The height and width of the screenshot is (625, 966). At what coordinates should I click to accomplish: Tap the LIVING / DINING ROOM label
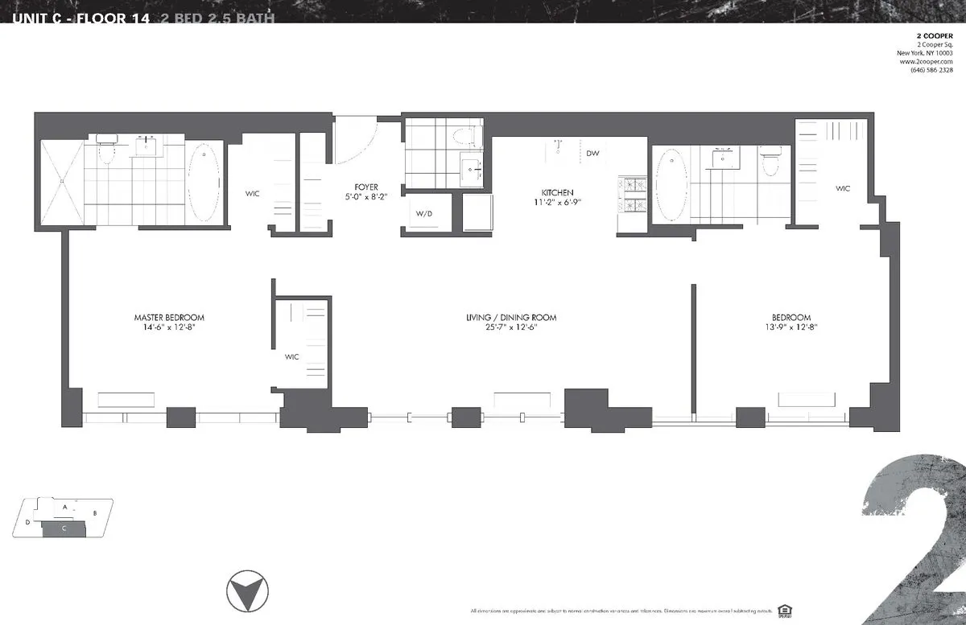tap(511, 318)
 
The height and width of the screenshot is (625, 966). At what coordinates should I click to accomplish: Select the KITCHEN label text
tap(557, 192)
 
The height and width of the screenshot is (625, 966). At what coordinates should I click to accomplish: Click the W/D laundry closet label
tap(424, 214)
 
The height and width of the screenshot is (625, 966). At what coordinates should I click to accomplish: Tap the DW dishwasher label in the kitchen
tap(592, 153)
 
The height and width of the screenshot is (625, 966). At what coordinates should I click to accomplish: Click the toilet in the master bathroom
tap(106, 150)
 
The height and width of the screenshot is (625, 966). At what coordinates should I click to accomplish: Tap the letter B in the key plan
tap(94, 512)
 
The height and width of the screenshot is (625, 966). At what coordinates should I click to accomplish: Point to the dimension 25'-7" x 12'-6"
tap(511, 327)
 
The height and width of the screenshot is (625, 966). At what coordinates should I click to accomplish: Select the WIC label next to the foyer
tap(253, 193)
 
